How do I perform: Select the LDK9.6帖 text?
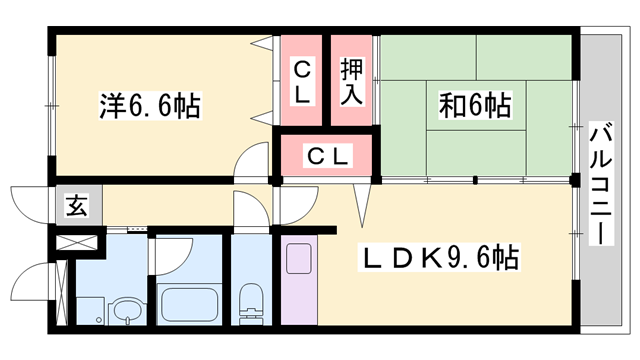(x=439, y=260)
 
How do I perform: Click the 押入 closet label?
(x=352, y=83)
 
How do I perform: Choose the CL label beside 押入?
(x=303, y=83)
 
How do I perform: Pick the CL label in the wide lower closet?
(x=328, y=156)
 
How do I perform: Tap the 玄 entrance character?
(x=75, y=207)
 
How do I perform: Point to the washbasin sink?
(x=128, y=309)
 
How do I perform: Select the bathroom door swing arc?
(x=168, y=252)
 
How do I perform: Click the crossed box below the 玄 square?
(x=77, y=241)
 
